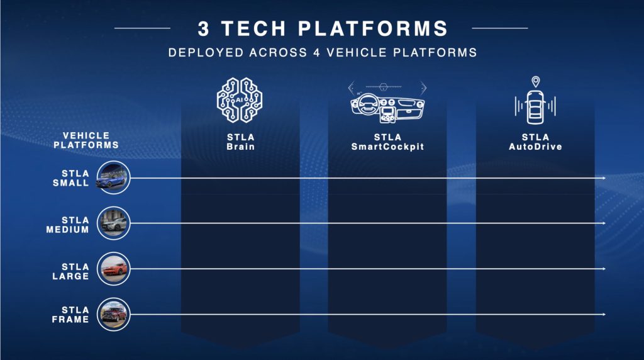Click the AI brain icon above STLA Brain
(240, 100)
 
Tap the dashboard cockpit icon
(387, 103)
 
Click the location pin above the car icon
(536, 81)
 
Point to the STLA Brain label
(241, 142)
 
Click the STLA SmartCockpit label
(387, 142)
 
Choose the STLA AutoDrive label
(535, 142)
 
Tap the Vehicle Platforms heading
(86, 140)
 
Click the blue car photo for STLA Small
(113, 177)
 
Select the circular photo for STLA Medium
(113, 223)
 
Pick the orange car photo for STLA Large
(113, 269)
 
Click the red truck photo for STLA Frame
(113, 315)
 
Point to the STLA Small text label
(71, 178)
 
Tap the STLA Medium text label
(68, 225)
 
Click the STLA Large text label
(70, 271)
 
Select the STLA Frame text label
(70, 315)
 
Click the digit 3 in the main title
(203, 29)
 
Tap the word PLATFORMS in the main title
(373, 28)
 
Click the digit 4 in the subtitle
(317, 53)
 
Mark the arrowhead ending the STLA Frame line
(604, 315)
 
